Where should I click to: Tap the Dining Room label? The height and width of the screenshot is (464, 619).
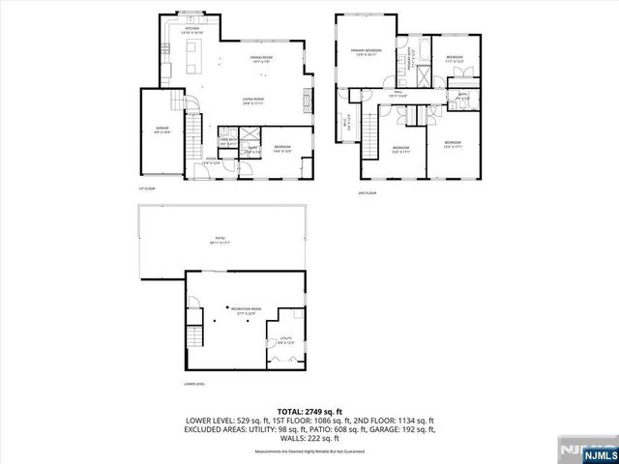258,61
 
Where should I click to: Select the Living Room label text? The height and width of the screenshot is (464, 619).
253,101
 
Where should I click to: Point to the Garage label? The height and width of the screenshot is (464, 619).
162,129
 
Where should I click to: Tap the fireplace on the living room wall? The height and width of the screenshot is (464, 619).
308,99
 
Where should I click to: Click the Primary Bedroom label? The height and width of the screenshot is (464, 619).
367,51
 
